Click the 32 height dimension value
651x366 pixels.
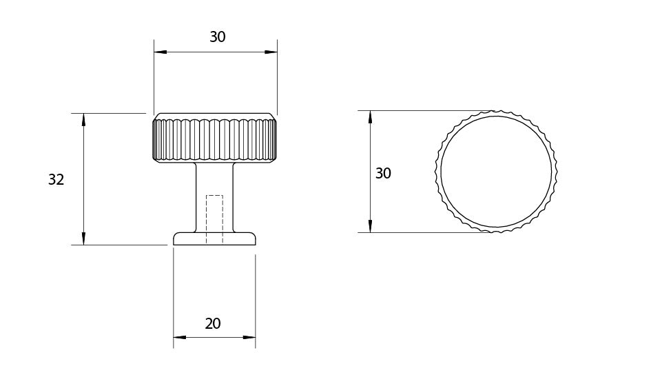(x=56, y=180)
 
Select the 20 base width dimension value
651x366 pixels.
(x=213, y=323)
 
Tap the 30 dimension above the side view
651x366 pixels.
(x=218, y=37)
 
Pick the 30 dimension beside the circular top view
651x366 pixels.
(x=383, y=174)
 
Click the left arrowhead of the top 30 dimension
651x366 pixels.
(x=159, y=52)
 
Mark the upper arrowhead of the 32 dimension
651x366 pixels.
(x=83, y=119)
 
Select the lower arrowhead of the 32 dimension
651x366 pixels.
(x=83, y=238)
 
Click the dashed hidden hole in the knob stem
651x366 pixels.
(x=214, y=219)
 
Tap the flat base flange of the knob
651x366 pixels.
(x=214, y=238)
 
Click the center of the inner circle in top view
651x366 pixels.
(x=496, y=171)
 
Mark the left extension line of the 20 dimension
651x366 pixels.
(x=173, y=296)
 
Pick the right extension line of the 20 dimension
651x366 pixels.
(x=256, y=296)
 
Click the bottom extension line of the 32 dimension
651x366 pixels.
(x=121, y=245)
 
